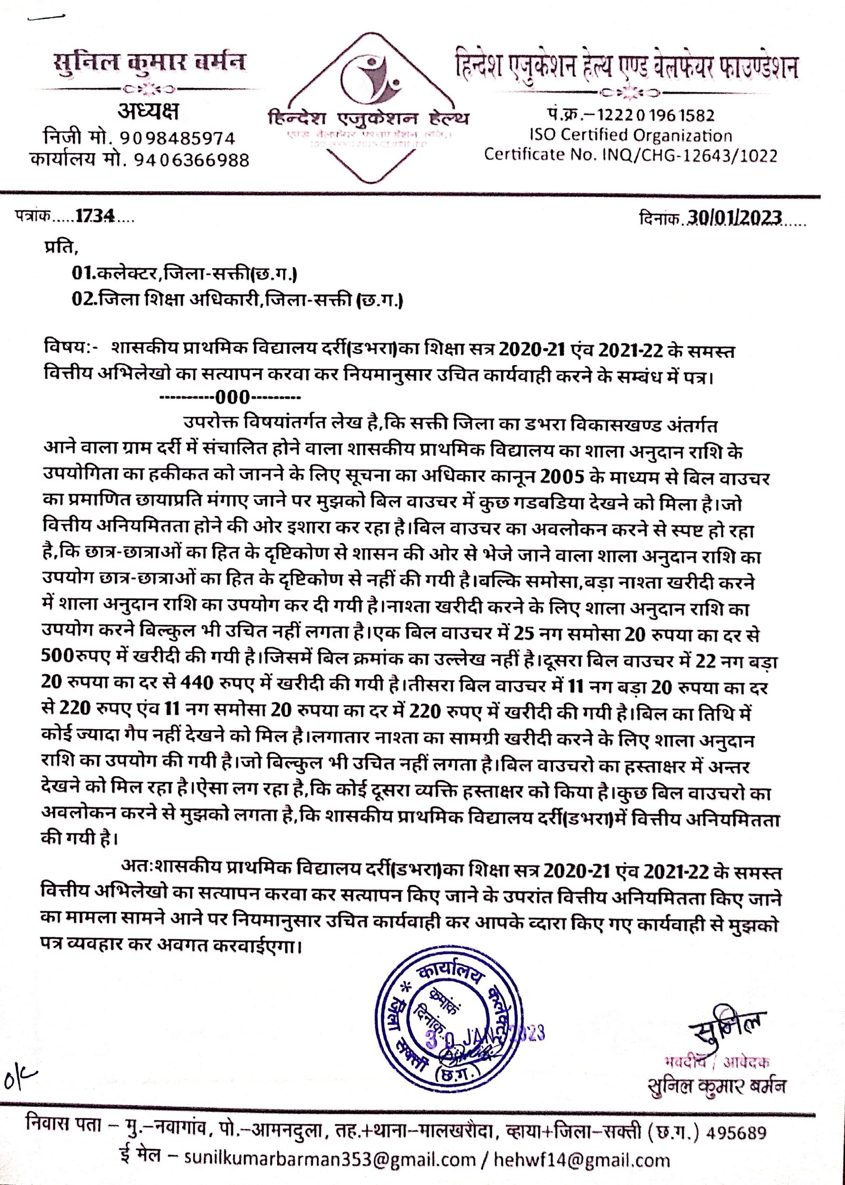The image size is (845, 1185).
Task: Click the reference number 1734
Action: (95, 216)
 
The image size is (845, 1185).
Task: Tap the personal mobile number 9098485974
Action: (177, 138)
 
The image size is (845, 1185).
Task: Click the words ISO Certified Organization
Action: (631, 135)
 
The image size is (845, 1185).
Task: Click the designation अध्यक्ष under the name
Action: (148, 111)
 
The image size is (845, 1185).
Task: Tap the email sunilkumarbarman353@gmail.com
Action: (330, 1160)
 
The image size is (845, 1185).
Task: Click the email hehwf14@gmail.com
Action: (581, 1160)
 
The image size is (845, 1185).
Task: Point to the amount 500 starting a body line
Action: (57, 655)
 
